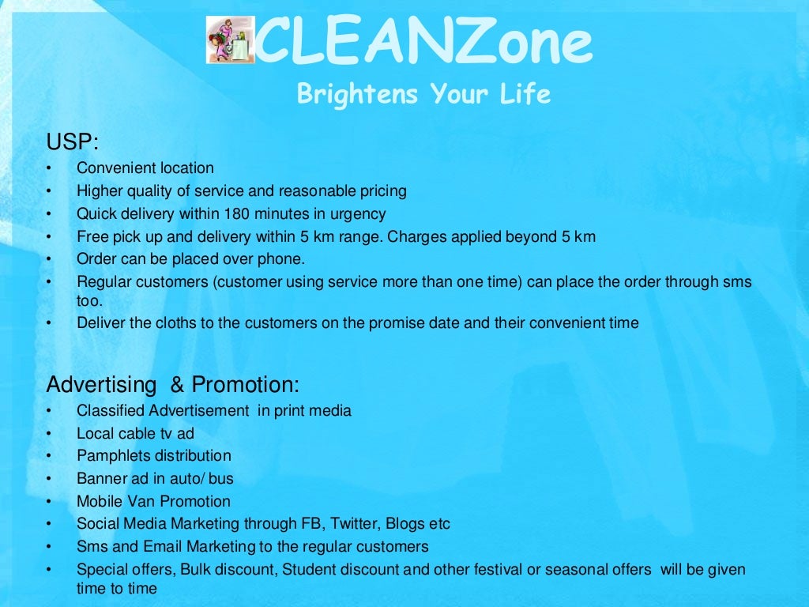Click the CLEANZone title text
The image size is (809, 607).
(423, 43)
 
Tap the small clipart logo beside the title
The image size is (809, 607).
(230, 40)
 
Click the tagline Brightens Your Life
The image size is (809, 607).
(423, 94)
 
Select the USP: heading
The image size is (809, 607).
(73, 142)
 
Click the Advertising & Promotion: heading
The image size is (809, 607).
(173, 385)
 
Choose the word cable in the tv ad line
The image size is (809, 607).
(137, 433)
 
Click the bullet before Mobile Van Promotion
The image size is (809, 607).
(48, 502)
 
